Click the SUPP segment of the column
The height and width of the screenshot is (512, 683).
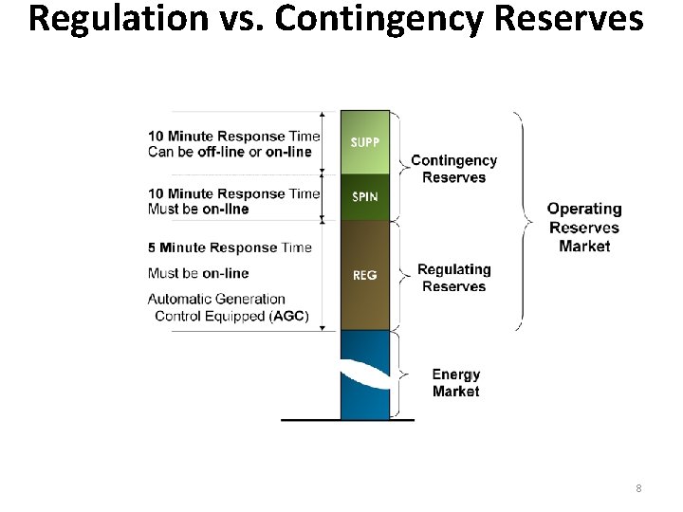tap(365, 142)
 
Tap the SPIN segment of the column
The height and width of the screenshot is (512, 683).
tap(365, 197)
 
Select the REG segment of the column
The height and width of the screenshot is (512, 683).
tap(365, 275)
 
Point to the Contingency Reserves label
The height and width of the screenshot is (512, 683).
tap(453, 169)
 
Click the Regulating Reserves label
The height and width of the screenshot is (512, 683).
tap(453, 278)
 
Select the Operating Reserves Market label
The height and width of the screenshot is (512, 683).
tap(584, 227)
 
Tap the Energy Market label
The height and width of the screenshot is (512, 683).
tap(455, 383)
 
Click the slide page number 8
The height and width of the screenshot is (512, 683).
tap(638, 488)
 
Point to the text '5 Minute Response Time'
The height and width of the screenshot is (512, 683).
tap(230, 247)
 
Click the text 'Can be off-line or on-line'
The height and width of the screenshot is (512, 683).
tap(230, 152)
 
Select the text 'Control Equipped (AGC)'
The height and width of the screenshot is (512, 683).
tap(231, 316)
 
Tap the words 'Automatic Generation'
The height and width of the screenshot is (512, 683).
tap(216, 299)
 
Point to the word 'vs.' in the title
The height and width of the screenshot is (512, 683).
tap(249, 19)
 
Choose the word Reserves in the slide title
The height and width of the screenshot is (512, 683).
tap(563, 19)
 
